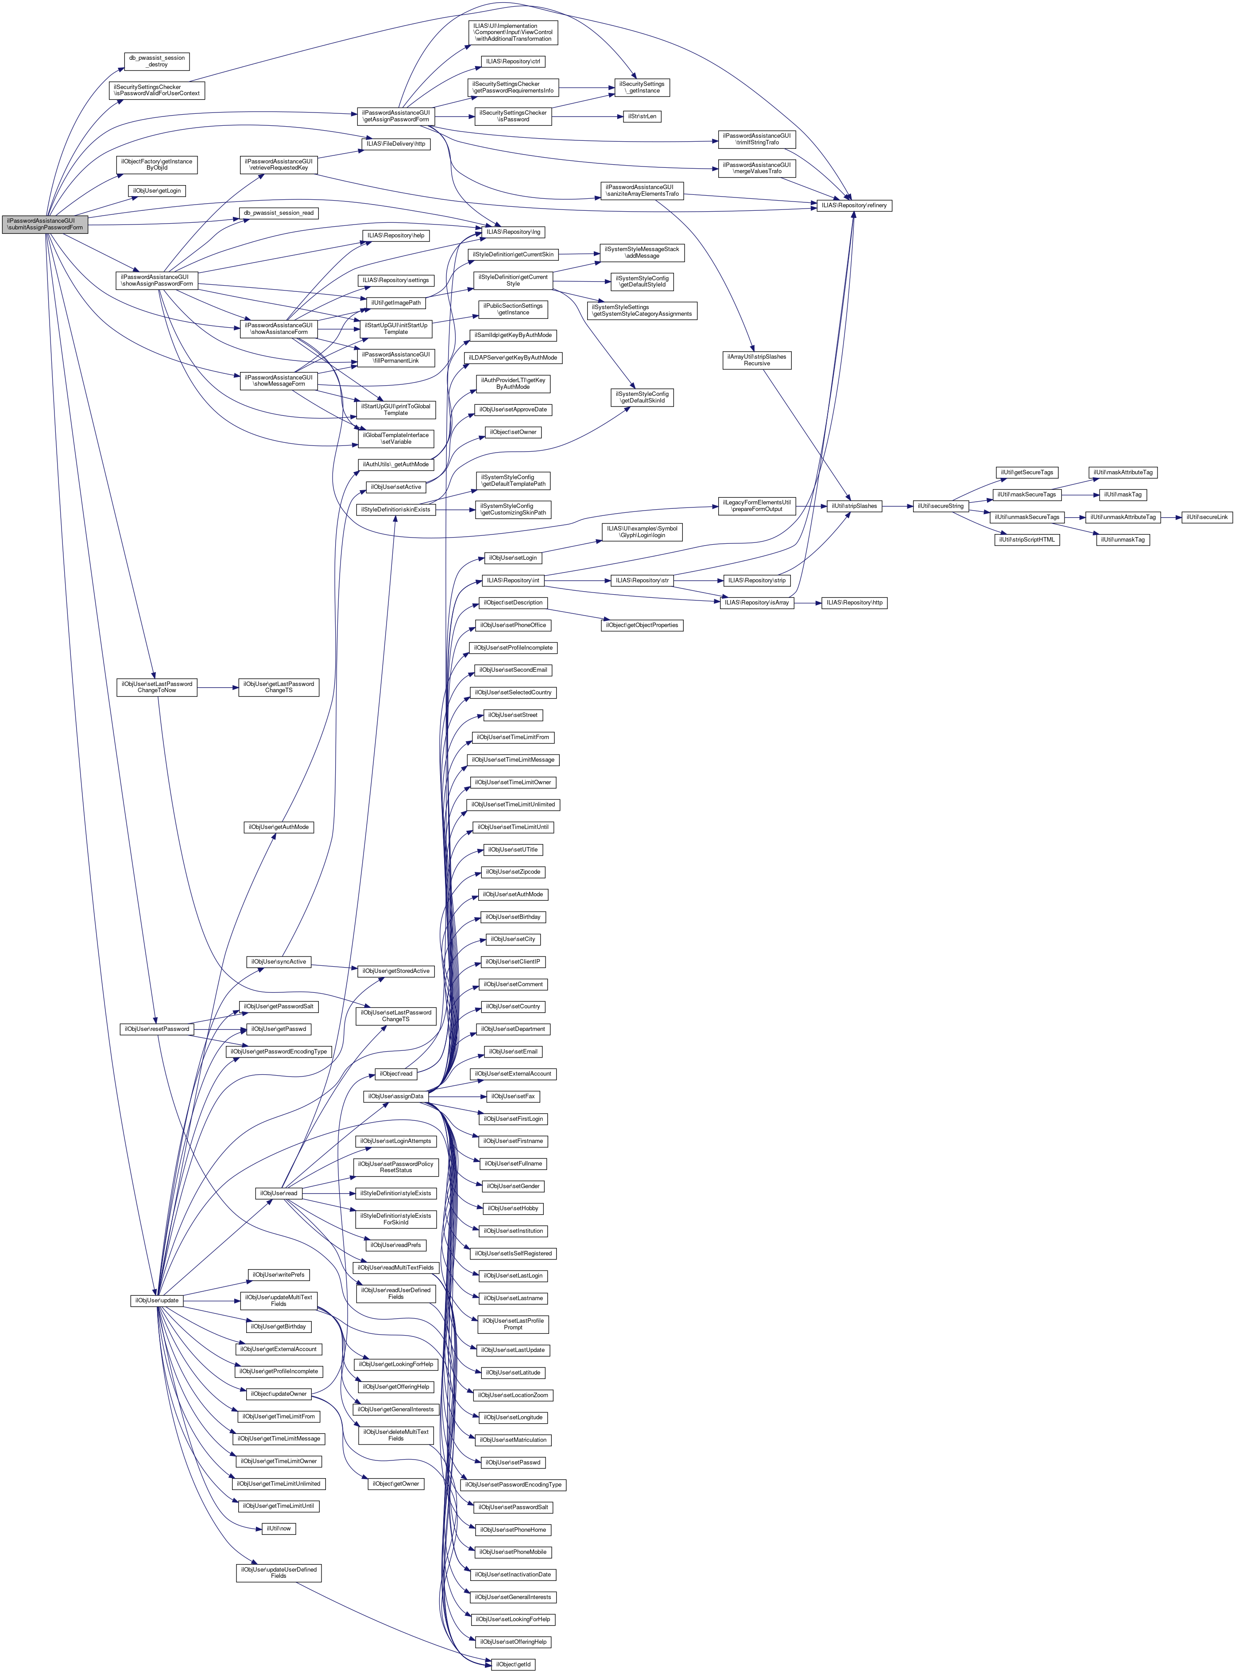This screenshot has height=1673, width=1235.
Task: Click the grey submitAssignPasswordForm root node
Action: [45, 224]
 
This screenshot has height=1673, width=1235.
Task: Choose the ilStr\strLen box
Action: [642, 116]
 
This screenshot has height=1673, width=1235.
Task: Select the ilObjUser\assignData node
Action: [395, 1096]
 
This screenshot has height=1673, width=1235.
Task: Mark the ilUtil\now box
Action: [278, 1529]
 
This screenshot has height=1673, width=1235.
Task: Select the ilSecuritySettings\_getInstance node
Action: [642, 88]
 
